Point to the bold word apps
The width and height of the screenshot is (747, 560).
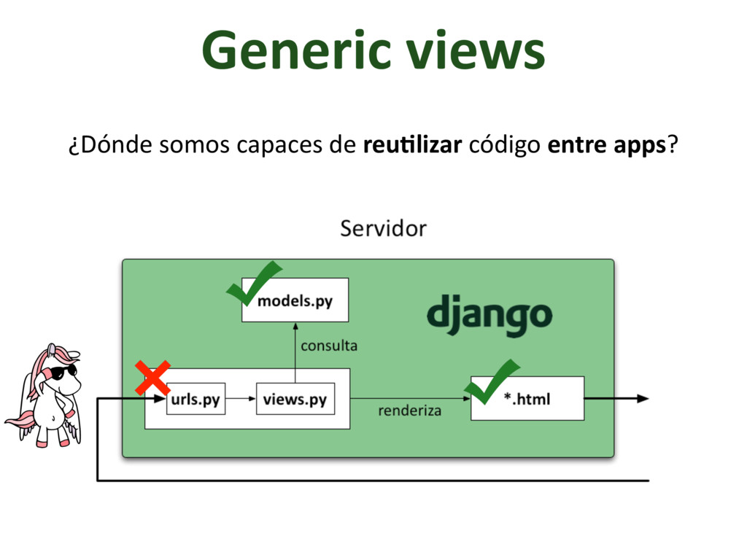638,146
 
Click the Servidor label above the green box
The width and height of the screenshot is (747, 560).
383,229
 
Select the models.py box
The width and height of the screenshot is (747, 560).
295,300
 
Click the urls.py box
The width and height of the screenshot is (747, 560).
196,400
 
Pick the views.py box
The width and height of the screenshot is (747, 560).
295,400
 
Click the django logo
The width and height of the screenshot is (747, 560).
489,316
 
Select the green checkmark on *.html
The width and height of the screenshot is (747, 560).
489,381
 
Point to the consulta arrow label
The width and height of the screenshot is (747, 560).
329,346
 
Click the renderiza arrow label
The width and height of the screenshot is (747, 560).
409,411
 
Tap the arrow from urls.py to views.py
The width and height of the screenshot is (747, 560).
241,400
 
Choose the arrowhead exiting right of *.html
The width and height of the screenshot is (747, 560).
642,399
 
